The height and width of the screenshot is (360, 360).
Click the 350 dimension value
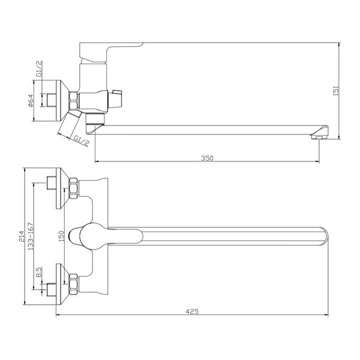(207, 158)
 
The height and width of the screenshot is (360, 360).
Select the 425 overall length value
(192, 311)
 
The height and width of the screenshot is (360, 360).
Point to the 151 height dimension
(336, 91)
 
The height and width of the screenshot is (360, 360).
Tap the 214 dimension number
(21, 236)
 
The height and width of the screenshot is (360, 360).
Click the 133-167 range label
(31, 236)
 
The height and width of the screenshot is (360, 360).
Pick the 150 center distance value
(61, 236)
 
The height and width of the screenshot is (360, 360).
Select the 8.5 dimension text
(39, 272)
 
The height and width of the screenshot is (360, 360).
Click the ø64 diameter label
(31, 101)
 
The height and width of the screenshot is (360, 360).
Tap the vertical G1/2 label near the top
(39, 68)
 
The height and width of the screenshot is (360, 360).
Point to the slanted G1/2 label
(81, 140)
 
